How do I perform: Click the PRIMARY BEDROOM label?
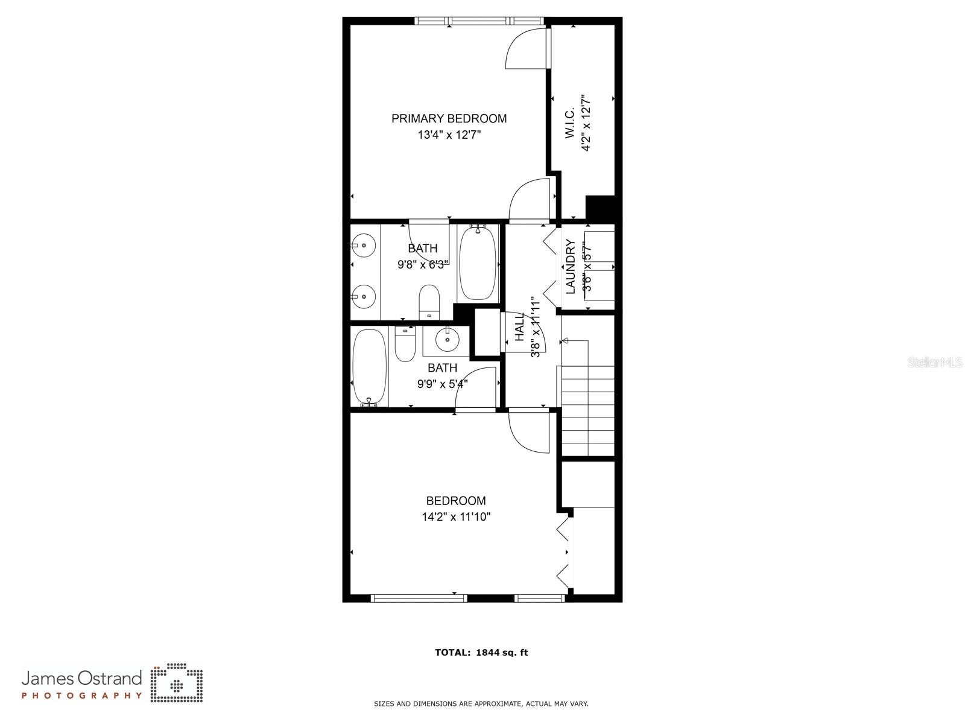(449, 119)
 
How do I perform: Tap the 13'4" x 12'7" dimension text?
(449, 135)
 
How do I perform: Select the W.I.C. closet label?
(570, 122)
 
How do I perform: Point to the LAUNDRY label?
(571, 267)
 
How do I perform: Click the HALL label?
(520, 327)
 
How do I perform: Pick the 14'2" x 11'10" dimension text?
(457, 516)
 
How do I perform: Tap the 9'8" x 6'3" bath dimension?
(423, 264)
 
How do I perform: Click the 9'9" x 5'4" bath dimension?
(442, 384)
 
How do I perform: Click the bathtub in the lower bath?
(370, 367)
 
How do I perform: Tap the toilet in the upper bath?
(429, 302)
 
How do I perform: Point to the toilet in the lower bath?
(405, 343)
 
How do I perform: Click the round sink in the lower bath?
(447, 339)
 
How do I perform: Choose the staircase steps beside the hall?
(588, 411)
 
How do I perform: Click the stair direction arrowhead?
(565, 341)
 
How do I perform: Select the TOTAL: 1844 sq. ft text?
(481, 652)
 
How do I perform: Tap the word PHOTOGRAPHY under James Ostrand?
(82, 696)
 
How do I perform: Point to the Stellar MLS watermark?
(935, 362)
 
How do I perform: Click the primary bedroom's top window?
(479, 21)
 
